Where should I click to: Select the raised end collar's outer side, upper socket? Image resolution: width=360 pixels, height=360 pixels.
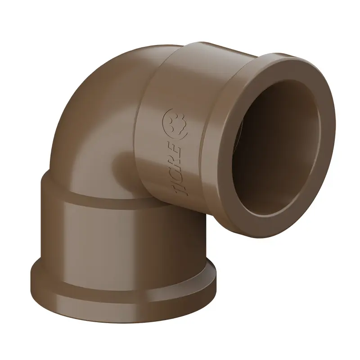[x=234, y=58]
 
